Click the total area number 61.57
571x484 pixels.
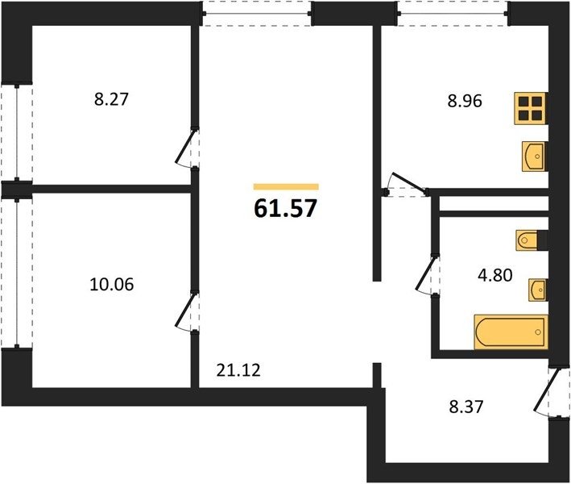pyautogui.click(x=285, y=209)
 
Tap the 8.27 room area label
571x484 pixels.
pyautogui.click(x=111, y=99)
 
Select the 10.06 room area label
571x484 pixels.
pyautogui.click(x=111, y=284)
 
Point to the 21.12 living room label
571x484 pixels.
pyautogui.click(x=238, y=370)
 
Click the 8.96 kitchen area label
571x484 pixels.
pyautogui.click(x=465, y=101)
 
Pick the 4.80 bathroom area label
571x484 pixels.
pyautogui.click(x=495, y=274)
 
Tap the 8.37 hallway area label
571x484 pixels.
pyautogui.click(x=466, y=407)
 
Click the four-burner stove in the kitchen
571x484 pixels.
pyautogui.click(x=531, y=109)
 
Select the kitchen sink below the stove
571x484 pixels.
pyautogui.click(x=534, y=156)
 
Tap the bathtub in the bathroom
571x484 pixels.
pyautogui.click(x=511, y=332)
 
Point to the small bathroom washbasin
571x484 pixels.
pyautogui.click(x=538, y=290)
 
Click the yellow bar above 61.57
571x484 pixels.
pyautogui.click(x=286, y=186)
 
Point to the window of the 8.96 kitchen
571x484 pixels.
pyautogui.click(x=453, y=14)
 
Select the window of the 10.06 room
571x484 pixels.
pyautogui.click(x=17, y=273)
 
